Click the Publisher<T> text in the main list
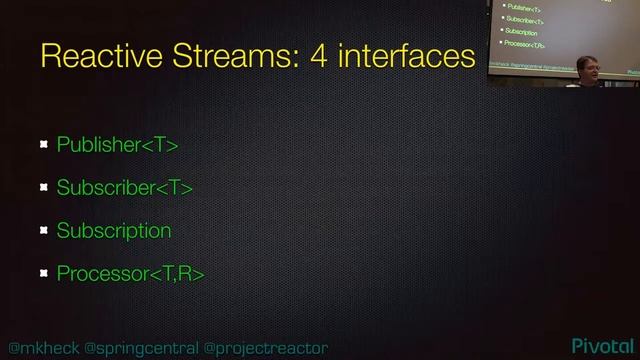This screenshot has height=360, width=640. tap(117, 145)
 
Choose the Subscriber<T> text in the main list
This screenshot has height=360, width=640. tap(124, 188)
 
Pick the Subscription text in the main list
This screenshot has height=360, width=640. tap(114, 231)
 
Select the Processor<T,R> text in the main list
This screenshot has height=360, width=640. tap(130, 273)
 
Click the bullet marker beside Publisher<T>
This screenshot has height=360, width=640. tap(44, 146)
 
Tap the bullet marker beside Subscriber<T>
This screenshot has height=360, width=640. tap(44, 188)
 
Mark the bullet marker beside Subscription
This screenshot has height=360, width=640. tap(44, 231)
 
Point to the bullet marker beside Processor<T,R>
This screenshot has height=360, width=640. tap(44, 273)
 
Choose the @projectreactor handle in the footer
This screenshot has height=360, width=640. tap(266, 346)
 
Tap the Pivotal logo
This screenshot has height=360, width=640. tap(604, 345)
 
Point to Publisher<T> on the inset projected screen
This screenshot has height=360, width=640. tap(524, 7)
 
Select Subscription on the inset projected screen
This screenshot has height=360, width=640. tap(522, 32)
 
